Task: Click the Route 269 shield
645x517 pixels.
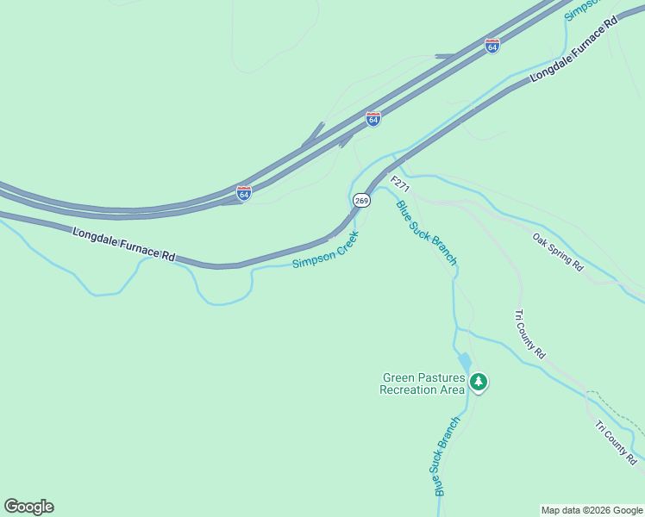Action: [361, 201]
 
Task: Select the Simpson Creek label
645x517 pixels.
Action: [325, 250]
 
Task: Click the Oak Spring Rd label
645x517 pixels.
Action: [558, 252]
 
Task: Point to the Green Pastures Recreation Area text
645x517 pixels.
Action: [423, 383]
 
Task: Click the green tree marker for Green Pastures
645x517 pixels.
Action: [479, 382]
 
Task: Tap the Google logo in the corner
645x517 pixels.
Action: [28, 507]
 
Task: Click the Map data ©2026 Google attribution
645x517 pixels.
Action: [591, 510]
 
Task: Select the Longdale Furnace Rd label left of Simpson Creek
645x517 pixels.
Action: [124, 245]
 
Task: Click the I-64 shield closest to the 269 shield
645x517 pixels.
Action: [244, 193]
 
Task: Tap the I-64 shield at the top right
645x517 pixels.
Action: [492, 47]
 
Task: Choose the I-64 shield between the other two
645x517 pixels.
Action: [373, 119]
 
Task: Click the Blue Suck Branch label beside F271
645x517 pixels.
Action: [425, 232]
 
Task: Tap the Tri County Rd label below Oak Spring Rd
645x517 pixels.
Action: [529, 333]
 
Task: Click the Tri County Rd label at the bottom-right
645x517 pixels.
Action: [615, 442]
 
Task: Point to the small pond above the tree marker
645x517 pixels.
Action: [464, 362]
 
